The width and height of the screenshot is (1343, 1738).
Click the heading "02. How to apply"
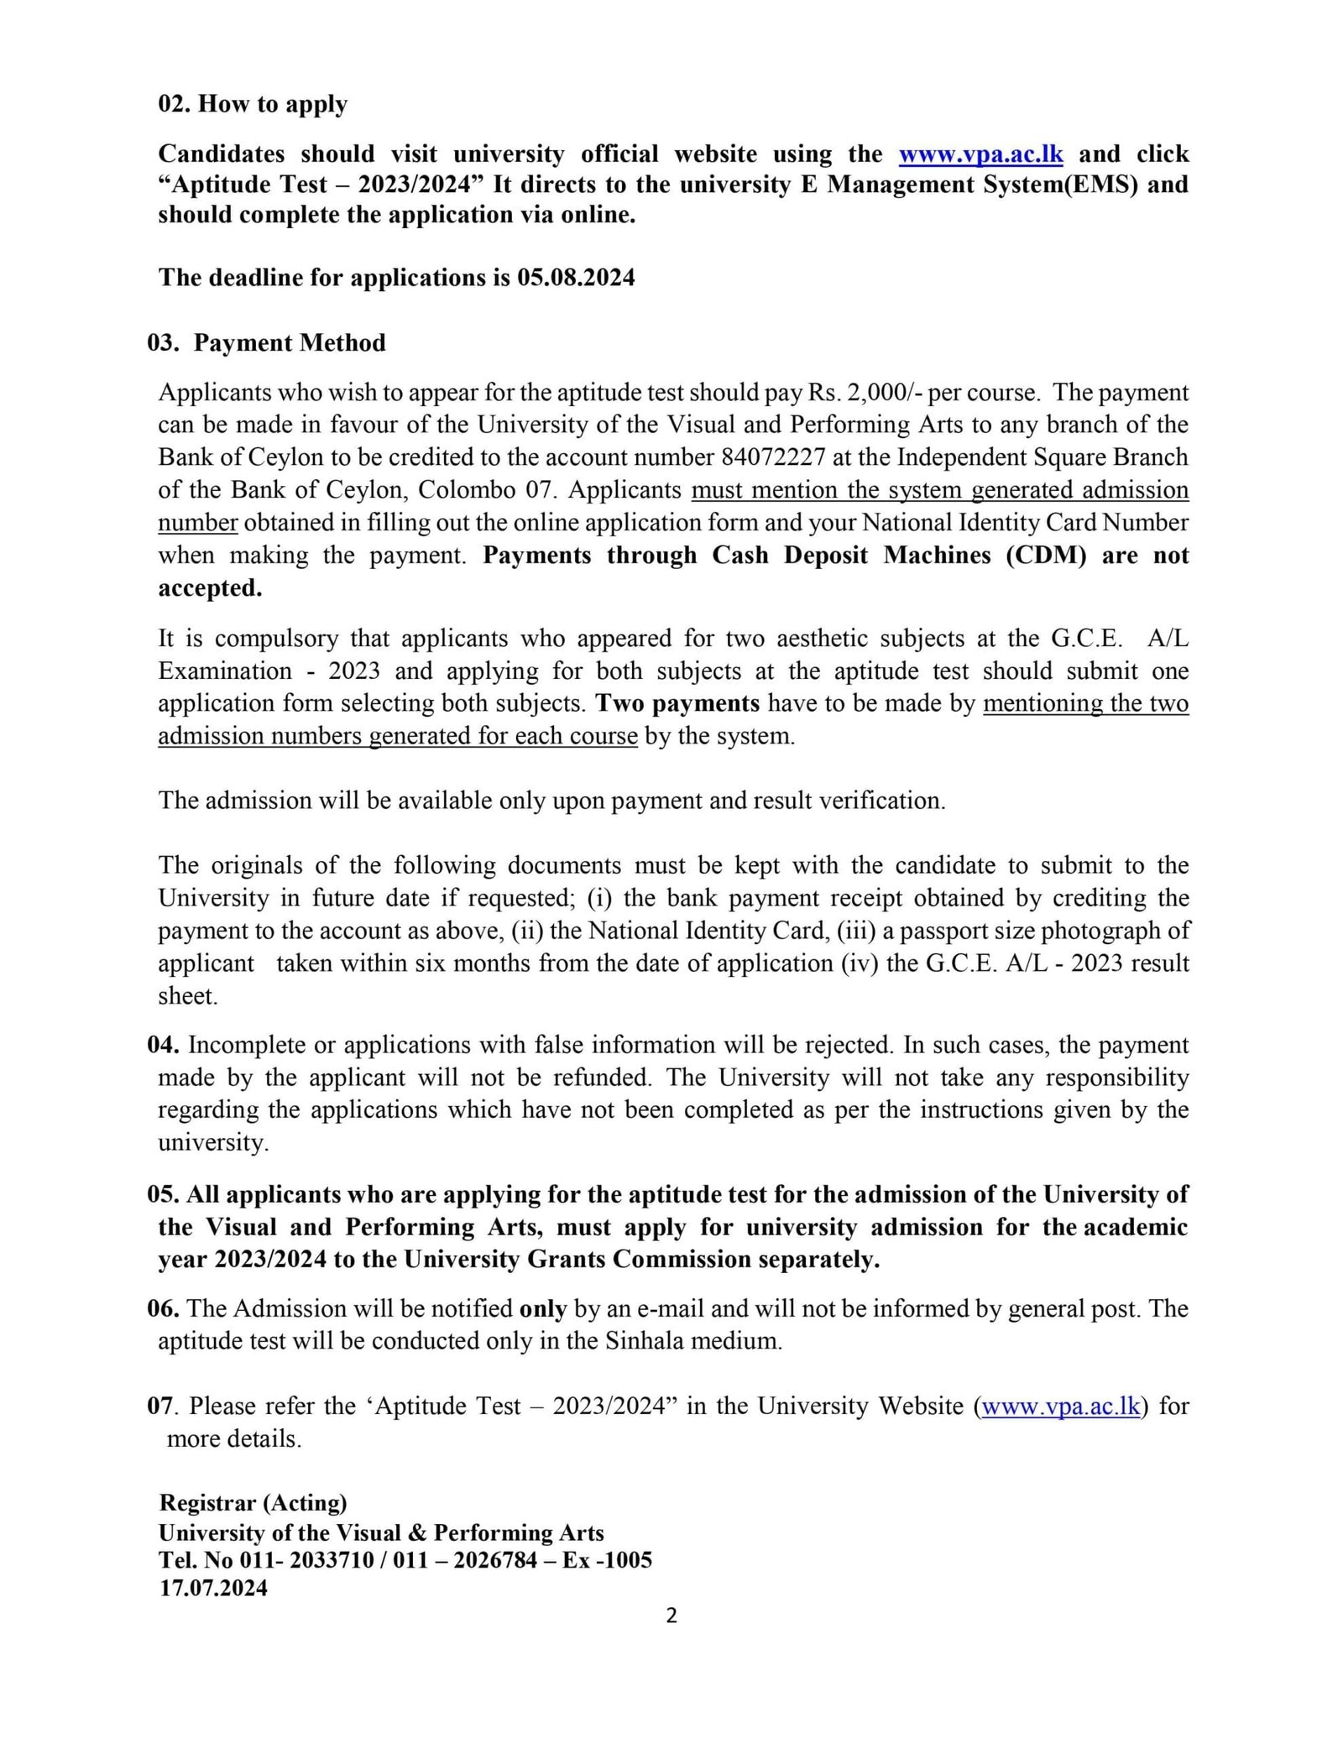click(253, 104)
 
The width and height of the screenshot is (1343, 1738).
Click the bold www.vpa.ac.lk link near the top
click(980, 154)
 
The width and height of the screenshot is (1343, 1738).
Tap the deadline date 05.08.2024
click(576, 278)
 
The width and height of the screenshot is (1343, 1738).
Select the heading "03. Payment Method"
click(266, 343)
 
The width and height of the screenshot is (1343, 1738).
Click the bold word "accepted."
click(210, 588)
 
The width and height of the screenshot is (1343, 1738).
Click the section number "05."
click(163, 1195)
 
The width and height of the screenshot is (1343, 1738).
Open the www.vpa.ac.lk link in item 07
click(1060, 1407)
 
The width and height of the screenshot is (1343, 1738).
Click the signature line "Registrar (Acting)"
click(253, 1503)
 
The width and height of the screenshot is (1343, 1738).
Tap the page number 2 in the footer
click(671, 1615)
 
